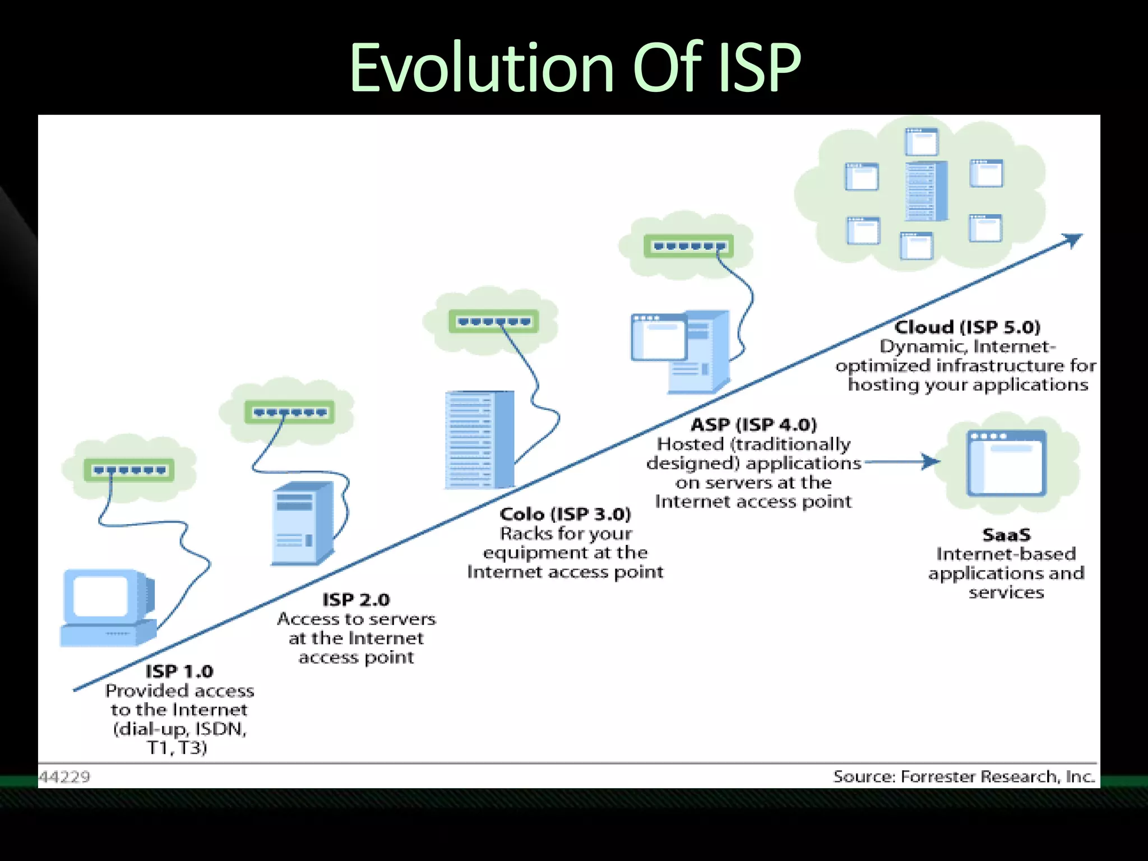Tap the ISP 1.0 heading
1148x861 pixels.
click(x=179, y=671)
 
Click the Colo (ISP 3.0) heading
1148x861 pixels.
click(x=565, y=513)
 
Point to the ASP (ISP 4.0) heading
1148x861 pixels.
click(x=753, y=424)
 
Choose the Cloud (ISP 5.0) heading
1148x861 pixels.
click(x=967, y=327)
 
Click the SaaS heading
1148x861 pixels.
click(x=1006, y=534)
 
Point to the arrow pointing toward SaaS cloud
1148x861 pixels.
click(x=902, y=462)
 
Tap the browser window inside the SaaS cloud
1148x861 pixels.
click(x=1006, y=462)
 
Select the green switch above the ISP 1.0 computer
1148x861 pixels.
click(x=129, y=470)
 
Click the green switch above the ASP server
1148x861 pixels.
click(x=688, y=246)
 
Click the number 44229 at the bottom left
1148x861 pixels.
click(x=64, y=776)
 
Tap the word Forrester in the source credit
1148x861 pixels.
click(x=938, y=776)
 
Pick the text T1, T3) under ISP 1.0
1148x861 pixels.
click(x=177, y=747)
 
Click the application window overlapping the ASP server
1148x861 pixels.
click(x=659, y=337)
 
